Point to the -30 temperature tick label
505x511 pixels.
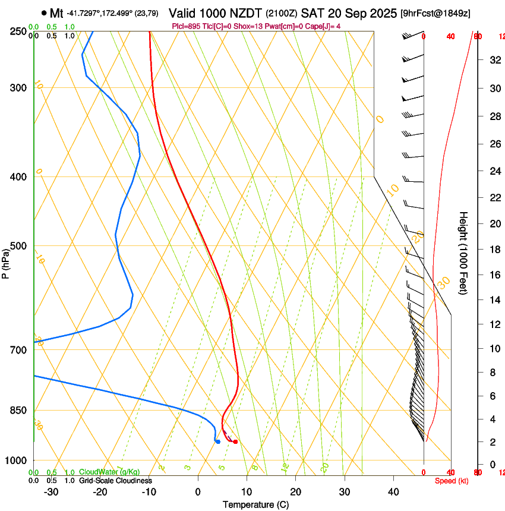point(51,491)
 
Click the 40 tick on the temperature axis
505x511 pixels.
point(393,491)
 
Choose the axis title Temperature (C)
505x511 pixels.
point(255,504)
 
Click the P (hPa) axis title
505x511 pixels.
point(6,261)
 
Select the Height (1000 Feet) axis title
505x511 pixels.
point(464,253)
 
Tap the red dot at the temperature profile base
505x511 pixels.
point(236,441)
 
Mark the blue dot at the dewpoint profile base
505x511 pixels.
point(218,441)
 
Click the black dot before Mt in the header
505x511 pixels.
point(44,12)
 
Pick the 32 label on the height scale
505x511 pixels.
point(493,60)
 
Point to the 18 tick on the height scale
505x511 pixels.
point(493,250)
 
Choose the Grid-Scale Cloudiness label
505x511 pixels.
point(115,480)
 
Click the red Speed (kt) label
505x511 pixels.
point(452,480)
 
